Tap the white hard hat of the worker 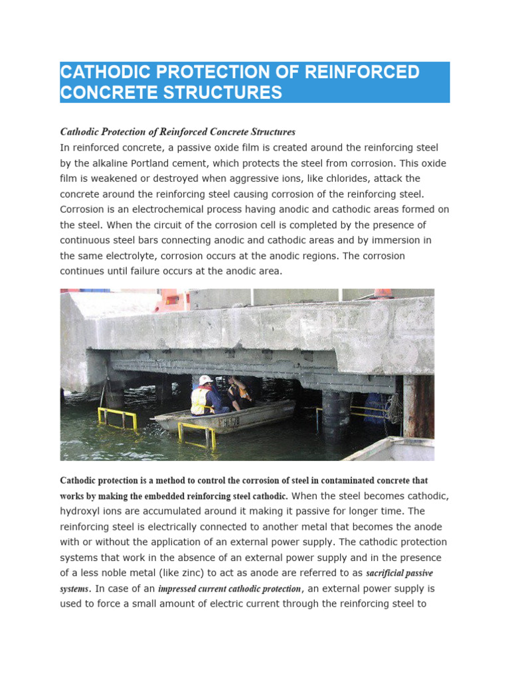pos(206,380)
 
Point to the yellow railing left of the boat pos(117,418)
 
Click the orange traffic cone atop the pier pos(382,292)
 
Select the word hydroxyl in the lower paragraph pos(82,511)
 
